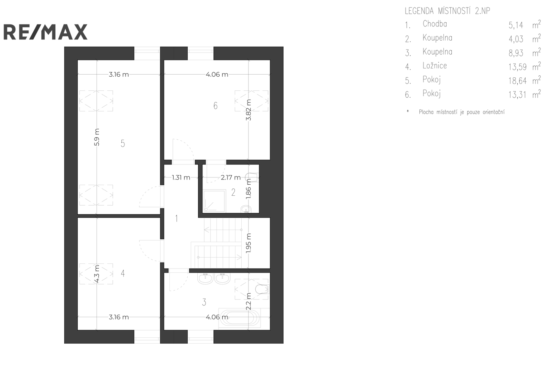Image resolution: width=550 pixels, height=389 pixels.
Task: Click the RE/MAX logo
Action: tap(45, 32)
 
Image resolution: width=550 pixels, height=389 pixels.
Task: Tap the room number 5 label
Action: tap(123, 143)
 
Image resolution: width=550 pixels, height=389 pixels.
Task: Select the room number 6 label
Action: tap(215, 106)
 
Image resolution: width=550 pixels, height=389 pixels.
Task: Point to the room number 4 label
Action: tap(123, 273)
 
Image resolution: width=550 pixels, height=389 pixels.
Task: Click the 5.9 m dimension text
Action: tap(97, 137)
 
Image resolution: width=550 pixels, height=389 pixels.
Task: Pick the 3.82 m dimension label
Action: tap(249, 110)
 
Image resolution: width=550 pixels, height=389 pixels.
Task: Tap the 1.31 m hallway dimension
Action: tap(181, 177)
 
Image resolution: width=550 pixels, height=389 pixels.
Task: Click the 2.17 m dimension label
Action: tap(231, 177)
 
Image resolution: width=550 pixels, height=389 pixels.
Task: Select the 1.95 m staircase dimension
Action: tap(249, 243)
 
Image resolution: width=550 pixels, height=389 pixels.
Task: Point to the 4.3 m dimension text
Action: tap(97, 274)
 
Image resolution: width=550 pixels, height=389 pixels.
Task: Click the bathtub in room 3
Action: tap(239, 318)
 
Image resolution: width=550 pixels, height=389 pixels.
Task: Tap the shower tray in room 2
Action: tap(214, 201)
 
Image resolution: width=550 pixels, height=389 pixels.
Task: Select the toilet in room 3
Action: tap(262, 289)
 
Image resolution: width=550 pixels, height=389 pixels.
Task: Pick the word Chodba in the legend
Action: tap(434, 24)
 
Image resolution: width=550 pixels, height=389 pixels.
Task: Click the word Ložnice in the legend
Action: tap(434, 65)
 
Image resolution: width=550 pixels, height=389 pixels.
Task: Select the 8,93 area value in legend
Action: tap(516, 53)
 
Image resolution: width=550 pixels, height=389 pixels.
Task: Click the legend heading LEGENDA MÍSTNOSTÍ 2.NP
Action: tap(447, 11)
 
